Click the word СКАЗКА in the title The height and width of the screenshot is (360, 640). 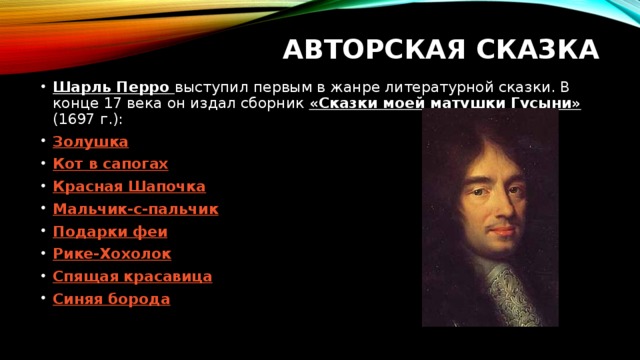coord(539,49)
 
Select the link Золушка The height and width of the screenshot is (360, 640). coord(90,142)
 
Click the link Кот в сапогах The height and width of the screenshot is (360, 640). coord(110,164)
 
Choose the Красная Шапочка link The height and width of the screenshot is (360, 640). coord(129,187)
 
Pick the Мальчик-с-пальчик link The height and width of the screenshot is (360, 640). coord(135,209)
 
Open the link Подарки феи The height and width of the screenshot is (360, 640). coord(110,231)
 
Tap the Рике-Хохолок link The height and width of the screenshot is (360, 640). coord(112,254)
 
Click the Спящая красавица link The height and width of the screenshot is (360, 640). coord(132,276)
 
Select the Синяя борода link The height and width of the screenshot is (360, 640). coord(111,298)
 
